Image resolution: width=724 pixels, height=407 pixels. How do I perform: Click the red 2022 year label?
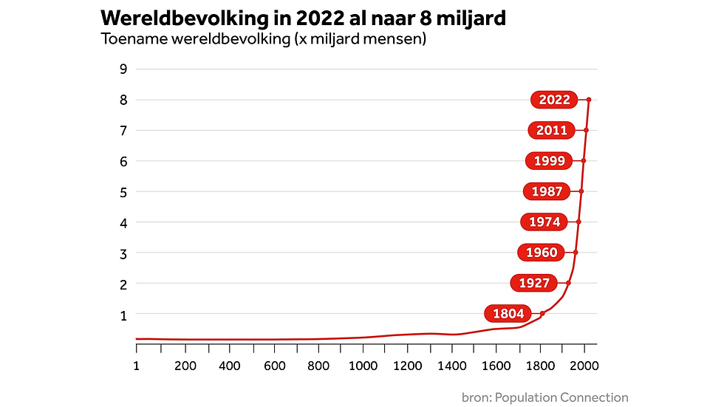click(x=555, y=100)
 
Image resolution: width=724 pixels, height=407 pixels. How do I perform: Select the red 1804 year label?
click(x=508, y=314)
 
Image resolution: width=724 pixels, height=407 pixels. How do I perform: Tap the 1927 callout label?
click(x=533, y=283)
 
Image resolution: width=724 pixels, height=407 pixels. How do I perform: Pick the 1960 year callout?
click(x=542, y=253)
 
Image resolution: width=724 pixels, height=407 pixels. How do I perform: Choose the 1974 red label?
click(x=545, y=222)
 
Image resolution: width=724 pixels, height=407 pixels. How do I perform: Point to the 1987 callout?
click(x=547, y=191)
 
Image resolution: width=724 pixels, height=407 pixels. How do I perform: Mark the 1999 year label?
click(x=550, y=160)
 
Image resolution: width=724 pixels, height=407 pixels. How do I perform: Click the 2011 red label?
click(x=552, y=130)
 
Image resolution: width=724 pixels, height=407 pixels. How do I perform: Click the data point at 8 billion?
click(x=589, y=99)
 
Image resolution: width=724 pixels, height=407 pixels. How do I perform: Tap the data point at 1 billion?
click(x=542, y=313)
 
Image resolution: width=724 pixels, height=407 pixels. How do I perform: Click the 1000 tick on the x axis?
click(x=363, y=365)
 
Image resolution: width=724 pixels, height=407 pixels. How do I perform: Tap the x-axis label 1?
click(x=137, y=365)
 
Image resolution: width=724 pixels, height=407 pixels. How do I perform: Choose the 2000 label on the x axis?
click(x=585, y=365)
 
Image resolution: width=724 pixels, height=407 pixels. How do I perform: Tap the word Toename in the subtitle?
click(x=132, y=39)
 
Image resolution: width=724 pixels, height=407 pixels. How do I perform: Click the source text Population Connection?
click(x=561, y=397)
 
